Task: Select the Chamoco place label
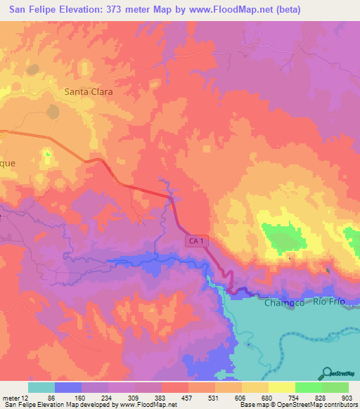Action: click(284, 303)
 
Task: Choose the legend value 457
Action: click(188, 397)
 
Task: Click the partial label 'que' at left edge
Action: click(7, 162)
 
